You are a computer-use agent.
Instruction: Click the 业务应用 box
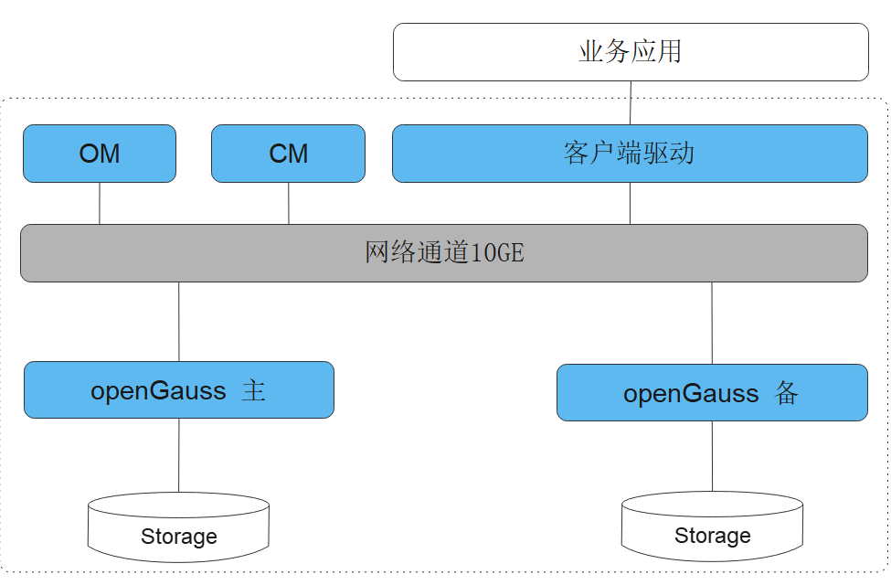tap(631, 52)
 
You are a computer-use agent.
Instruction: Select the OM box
tap(100, 154)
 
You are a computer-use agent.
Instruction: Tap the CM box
tap(289, 154)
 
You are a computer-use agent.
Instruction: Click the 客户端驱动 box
tap(630, 154)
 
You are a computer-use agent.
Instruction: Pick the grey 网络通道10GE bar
tap(444, 252)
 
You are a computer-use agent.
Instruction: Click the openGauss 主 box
tap(179, 390)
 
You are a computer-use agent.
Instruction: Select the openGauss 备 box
tap(712, 393)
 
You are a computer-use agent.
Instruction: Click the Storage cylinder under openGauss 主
tap(179, 526)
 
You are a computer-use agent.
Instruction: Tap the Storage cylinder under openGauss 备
tap(712, 526)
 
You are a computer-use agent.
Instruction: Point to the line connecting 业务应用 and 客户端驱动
tap(631, 102)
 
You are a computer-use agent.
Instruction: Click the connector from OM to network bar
tap(100, 203)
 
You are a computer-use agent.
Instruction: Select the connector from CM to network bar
tap(289, 203)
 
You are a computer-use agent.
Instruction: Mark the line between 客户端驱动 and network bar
tap(630, 203)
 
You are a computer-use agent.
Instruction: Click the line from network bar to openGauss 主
tap(179, 321)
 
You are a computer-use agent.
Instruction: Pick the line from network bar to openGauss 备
tap(712, 323)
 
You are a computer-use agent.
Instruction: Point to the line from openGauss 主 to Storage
tap(179, 455)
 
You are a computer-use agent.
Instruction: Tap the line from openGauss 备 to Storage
tap(712, 456)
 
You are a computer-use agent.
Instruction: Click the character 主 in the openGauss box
tap(254, 391)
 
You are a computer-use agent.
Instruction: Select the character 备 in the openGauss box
tap(787, 394)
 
